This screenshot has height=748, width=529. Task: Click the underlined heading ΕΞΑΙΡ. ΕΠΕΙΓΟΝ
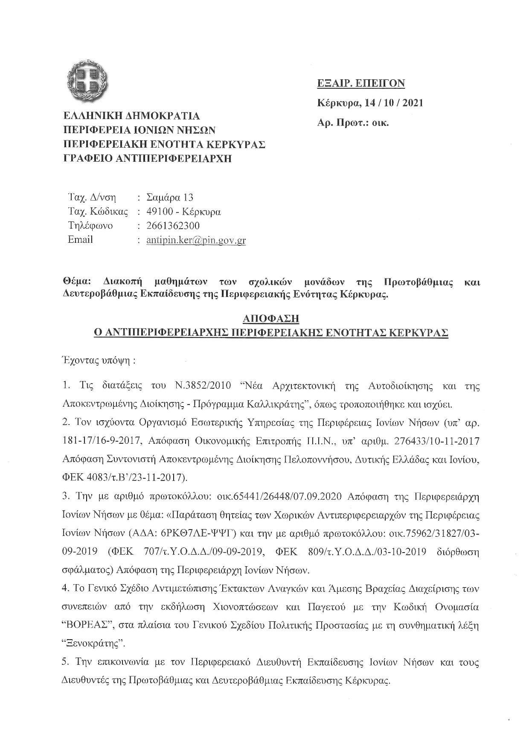[361, 83]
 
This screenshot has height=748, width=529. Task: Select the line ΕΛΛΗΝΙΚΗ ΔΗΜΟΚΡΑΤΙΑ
[131, 116]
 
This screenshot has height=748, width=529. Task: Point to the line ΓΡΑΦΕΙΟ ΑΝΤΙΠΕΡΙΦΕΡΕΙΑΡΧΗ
[147, 158]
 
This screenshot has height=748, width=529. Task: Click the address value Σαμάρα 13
[169, 198]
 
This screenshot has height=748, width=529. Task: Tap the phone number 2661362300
[173, 226]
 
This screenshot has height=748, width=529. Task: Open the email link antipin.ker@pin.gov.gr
[196, 240]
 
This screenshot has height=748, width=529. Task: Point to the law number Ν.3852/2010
[203, 386]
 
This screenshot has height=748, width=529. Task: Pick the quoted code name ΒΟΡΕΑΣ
[89, 626]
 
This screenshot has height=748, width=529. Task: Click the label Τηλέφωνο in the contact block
[90, 226]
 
